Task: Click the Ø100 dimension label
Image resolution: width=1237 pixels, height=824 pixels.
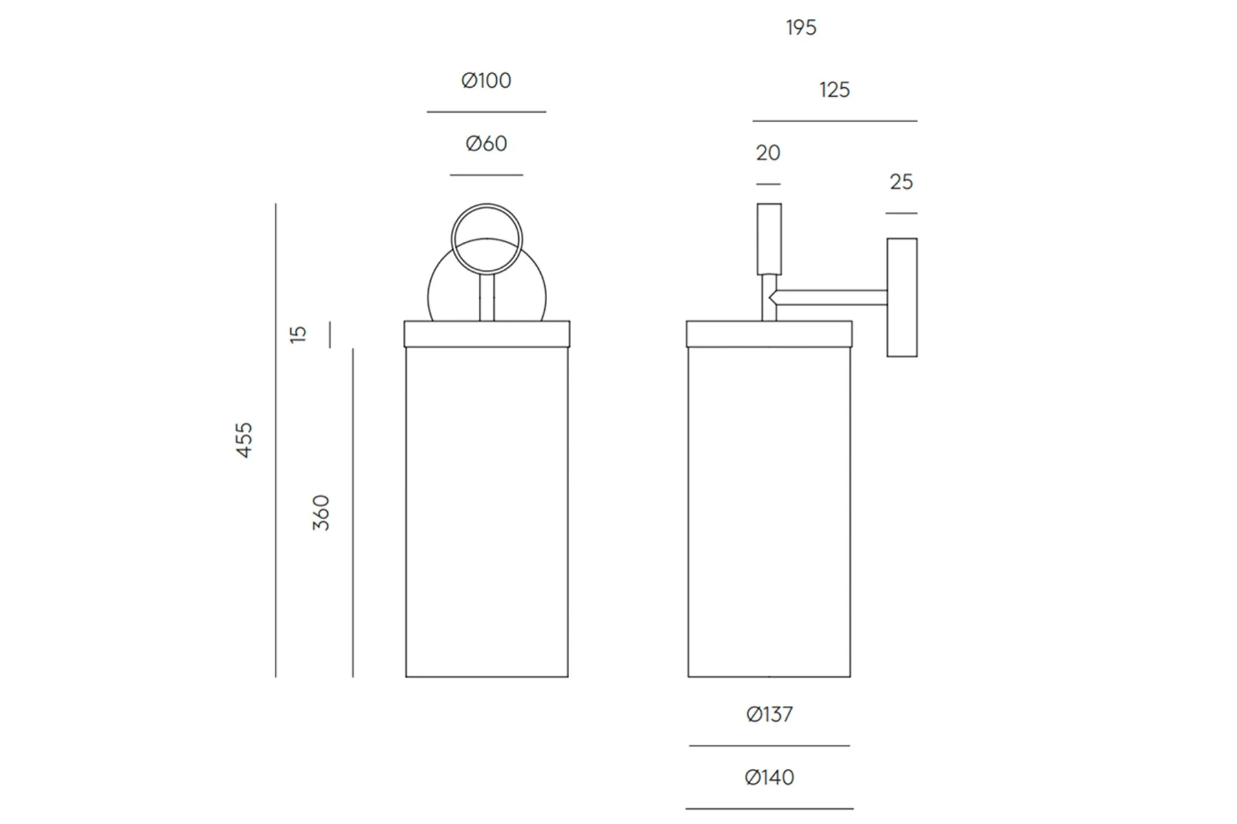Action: click(x=486, y=80)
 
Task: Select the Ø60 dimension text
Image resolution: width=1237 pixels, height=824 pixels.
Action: click(x=486, y=144)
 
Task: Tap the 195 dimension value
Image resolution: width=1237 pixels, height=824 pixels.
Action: click(x=801, y=27)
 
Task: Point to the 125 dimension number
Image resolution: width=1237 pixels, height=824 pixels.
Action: click(x=834, y=90)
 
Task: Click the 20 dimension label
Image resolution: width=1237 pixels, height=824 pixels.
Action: click(x=768, y=152)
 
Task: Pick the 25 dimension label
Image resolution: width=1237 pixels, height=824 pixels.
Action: click(x=901, y=182)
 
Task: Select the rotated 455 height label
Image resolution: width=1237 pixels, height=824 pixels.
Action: click(x=244, y=440)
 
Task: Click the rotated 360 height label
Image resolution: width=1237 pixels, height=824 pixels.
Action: click(x=321, y=512)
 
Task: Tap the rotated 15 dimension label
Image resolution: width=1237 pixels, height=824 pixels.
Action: click(x=298, y=334)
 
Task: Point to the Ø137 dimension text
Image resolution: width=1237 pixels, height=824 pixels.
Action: click(x=769, y=715)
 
